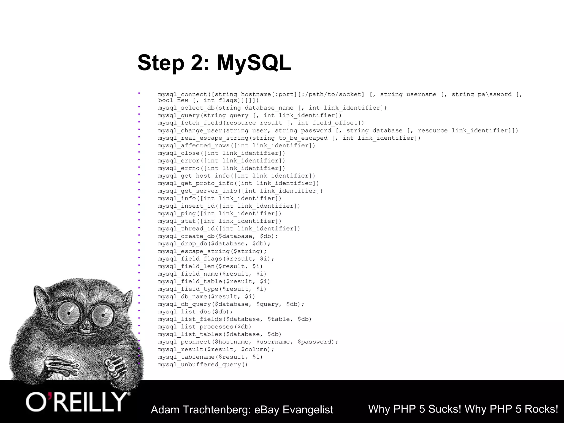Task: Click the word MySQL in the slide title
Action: pyautogui.click(x=254, y=63)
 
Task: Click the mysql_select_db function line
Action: pyautogui.click(x=272, y=108)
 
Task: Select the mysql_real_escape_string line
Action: pyautogui.click(x=289, y=138)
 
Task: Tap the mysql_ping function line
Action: pyautogui.click(x=219, y=213)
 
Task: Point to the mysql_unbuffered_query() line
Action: pyautogui.click(x=203, y=365)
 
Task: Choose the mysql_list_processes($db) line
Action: pyautogui.click(x=205, y=327)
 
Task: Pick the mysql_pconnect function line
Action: pyautogui.click(x=248, y=342)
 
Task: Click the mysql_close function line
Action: pyautogui.click(x=221, y=153)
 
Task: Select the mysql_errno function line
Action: pyautogui.click(x=221, y=168)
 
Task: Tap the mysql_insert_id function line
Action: pyautogui.click(x=229, y=206)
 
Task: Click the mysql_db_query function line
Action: pyautogui.click(x=231, y=304)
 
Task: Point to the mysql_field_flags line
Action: pyautogui.click(x=216, y=259)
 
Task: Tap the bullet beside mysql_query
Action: pyautogui.click(x=139, y=114)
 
